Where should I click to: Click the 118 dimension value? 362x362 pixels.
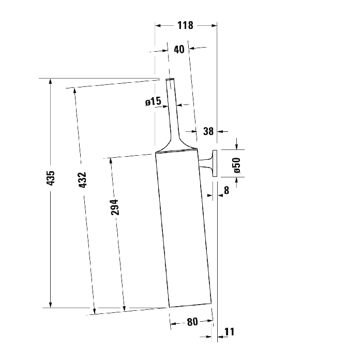[x=185, y=25]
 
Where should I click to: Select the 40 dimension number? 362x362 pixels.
[x=179, y=50]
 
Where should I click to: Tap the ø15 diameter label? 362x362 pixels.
[x=153, y=102]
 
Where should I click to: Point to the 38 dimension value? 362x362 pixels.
[x=208, y=131]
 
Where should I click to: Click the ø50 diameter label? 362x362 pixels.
[x=237, y=164]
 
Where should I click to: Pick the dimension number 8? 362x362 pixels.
[x=226, y=191]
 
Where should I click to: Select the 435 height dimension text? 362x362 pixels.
[x=51, y=178]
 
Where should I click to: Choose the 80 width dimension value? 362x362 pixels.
[x=192, y=322]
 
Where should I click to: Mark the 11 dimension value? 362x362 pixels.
[x=230, y=331]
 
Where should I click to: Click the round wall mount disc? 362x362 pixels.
[x=215, y=162]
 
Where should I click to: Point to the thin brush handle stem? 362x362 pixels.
[x=173, y=109]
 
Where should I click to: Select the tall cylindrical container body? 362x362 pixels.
[x=184, y=228]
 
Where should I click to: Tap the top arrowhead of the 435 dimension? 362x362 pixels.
[x=50, y=81]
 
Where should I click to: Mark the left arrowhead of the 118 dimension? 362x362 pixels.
[x=158, y=25]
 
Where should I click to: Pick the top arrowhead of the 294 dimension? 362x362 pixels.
[x=111, y=161]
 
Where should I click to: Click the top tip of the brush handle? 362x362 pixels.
[x=169, y=79]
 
